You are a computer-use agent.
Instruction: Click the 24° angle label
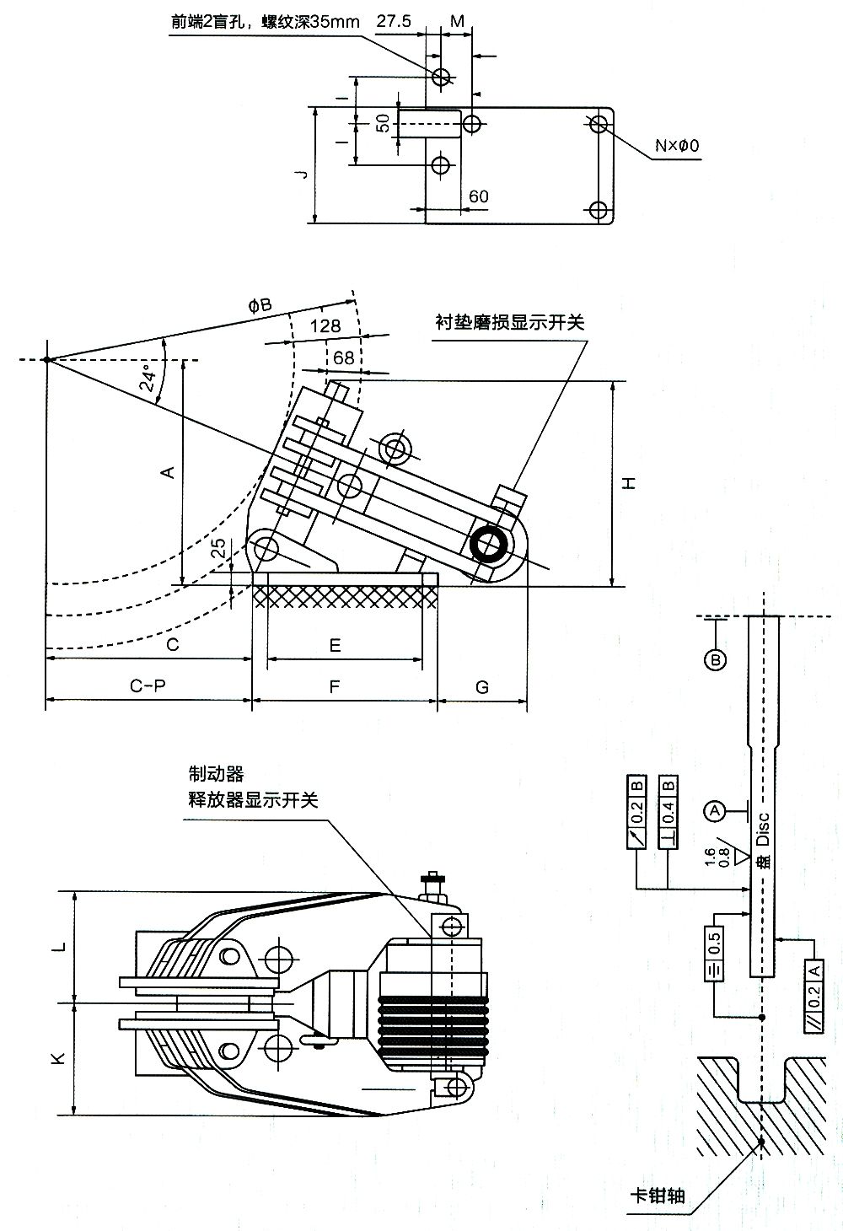(148, 378)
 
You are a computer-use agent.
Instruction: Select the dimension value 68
(344, 357)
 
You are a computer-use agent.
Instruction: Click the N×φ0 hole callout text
(678, 146)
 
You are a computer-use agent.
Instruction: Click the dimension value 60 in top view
(478, 196)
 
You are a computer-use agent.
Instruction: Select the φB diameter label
(260, 305)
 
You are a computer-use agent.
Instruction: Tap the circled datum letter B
(715, 659)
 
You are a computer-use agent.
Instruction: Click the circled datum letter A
(715, 811)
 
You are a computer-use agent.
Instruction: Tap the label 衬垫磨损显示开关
(509, 323)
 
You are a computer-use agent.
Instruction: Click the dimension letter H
(629, 482)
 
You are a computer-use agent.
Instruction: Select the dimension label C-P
(148, 686)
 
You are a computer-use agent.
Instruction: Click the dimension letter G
(482, 686)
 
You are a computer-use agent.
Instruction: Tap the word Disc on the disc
(763, 829)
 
